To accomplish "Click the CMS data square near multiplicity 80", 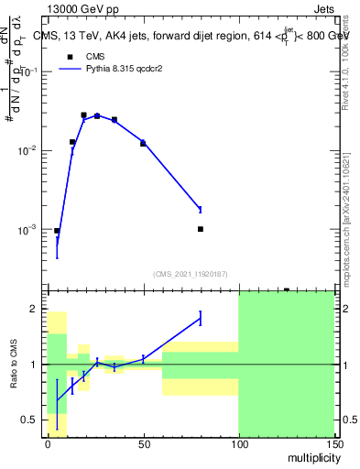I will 200,229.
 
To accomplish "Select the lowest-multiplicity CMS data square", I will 57,231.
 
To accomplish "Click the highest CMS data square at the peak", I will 83,115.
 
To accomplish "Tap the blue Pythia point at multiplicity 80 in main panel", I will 200,209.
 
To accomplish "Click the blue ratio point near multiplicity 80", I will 200,318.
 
